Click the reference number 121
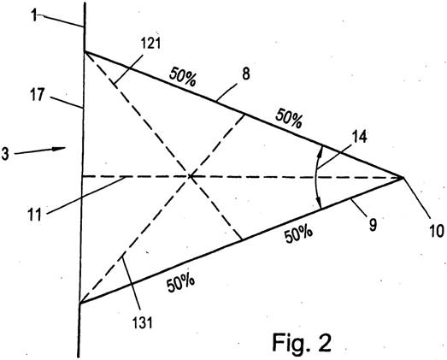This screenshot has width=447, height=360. point(151,44)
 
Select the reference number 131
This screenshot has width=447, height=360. point(142,323)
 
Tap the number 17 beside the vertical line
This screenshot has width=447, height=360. point(38,95)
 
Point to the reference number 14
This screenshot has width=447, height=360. point(360,137)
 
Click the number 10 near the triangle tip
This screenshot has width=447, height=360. point(436,231)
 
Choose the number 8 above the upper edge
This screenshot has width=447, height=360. point(246,74)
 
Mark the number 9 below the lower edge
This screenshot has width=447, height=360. point(373,225)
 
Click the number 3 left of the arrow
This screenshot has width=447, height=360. point(5,154)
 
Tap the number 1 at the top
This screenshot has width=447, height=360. point(34,15)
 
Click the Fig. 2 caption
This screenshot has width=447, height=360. point(302,343)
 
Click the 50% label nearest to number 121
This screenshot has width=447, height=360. point(183,77)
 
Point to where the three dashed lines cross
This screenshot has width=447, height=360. point(189,177)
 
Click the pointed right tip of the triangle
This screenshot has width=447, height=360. point(403,178)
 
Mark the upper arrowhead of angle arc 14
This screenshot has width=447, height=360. point(321,152)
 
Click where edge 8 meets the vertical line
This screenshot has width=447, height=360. point(85,51)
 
